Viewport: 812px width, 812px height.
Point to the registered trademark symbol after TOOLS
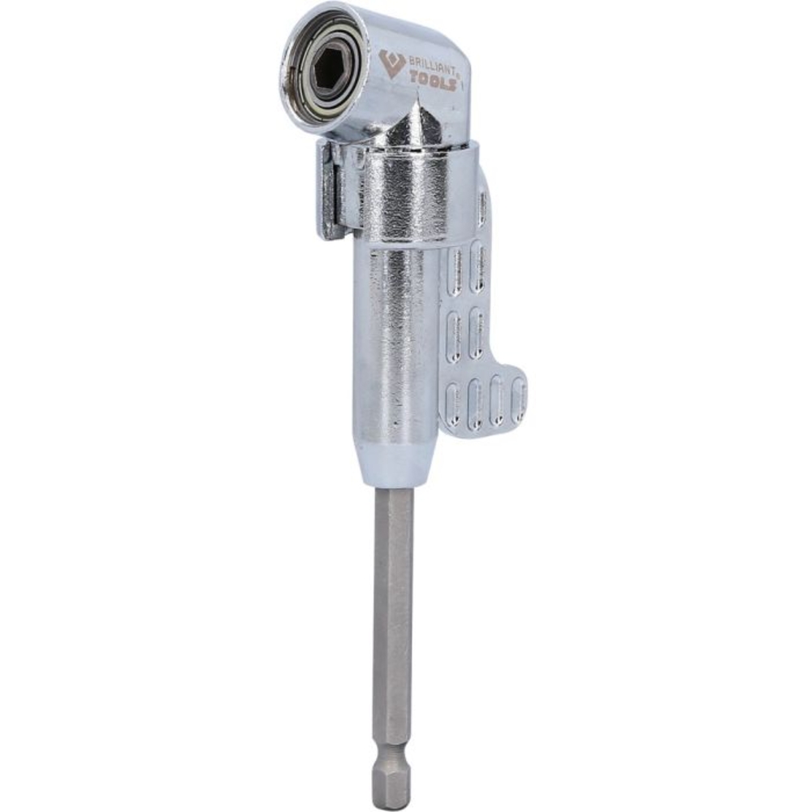click(x=458, y=75)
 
